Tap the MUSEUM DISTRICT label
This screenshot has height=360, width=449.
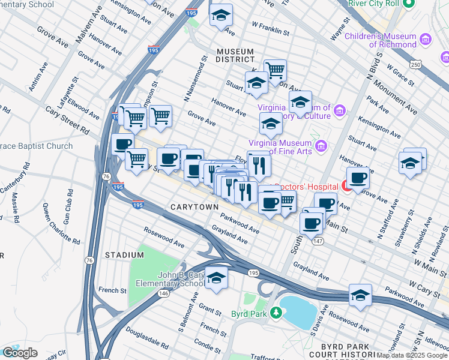coord(236,55)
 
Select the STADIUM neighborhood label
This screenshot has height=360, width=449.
coord(124,255)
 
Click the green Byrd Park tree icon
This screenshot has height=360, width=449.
coord(276,313)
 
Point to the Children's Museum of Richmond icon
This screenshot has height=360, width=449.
coord(426,40)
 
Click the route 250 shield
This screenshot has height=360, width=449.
coord(415,64)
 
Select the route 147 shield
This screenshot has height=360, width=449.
coord(316,240)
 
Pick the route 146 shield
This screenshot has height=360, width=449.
coord(163,293)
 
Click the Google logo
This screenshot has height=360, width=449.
coord(20,353)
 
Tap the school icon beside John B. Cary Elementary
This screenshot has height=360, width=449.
coord(216,279)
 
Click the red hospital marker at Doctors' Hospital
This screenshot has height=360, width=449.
coord(346,186)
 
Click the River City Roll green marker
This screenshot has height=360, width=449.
coord(409,4)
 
